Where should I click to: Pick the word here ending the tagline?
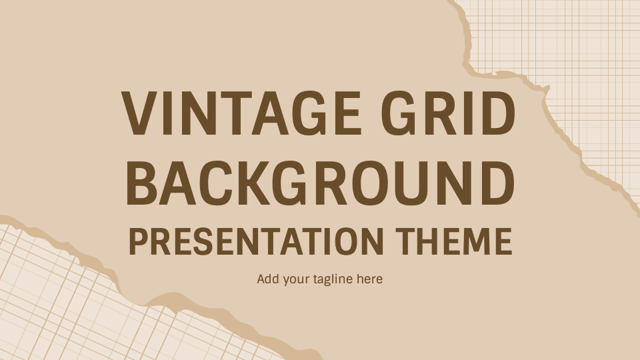(x=370, y=279)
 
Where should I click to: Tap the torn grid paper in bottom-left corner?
(x=80, y=307)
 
